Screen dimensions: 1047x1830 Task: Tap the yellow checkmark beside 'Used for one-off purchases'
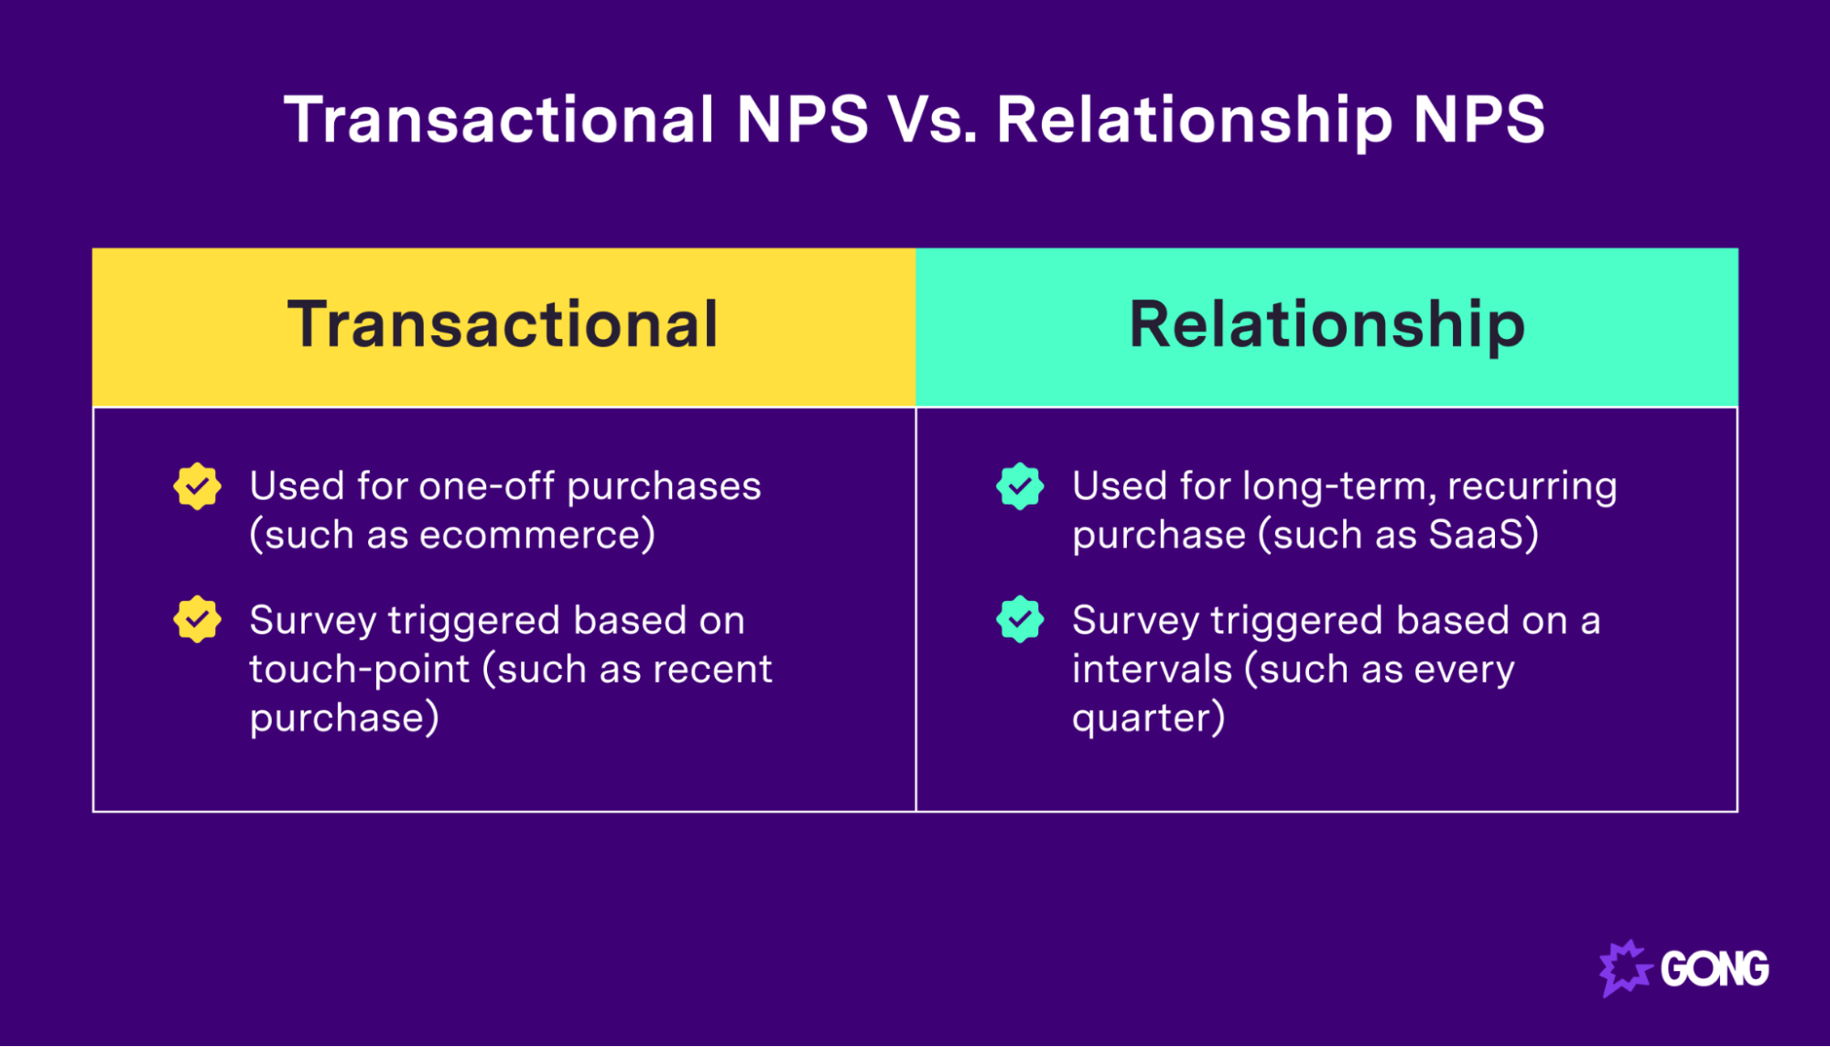coord(197,486)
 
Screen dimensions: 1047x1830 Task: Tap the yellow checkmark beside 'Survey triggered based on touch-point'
coord(197,620)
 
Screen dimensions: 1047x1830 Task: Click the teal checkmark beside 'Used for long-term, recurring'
coord(1020,486)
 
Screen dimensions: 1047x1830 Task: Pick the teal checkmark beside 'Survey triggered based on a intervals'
coord(1020,620)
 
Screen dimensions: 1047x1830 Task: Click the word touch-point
coord(359,670)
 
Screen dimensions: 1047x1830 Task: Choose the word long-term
coord(1337,486)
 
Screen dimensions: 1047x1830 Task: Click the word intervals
coord(1152,670)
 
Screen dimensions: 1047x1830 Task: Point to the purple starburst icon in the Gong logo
coord(1624,968)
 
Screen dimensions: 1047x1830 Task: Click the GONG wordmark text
coord(1715,969)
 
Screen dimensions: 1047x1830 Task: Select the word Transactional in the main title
coord(499,120)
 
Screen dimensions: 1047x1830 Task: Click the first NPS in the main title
coord(802,120)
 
